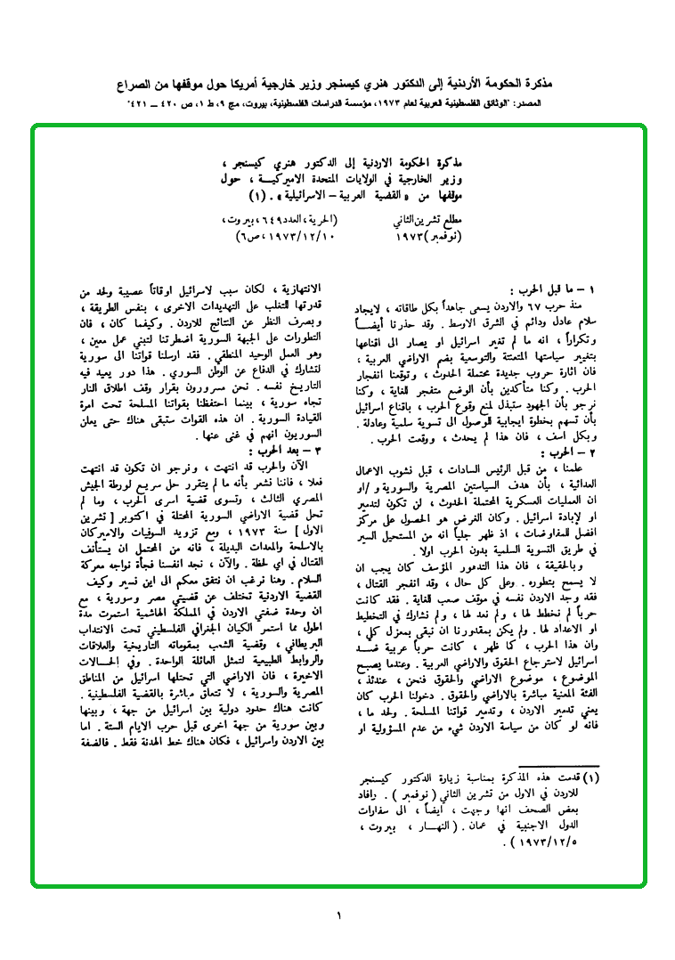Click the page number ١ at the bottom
pyautogui.click(x=338, y=914)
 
